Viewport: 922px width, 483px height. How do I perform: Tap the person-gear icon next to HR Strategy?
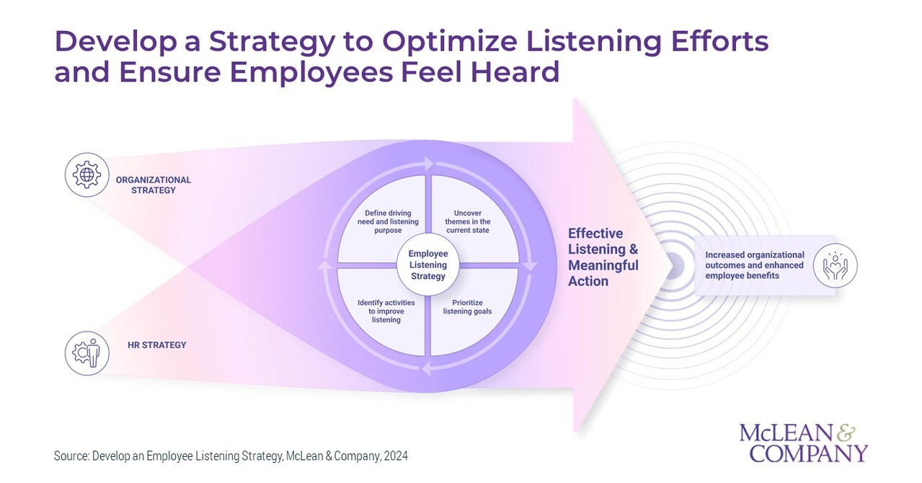point(87,353)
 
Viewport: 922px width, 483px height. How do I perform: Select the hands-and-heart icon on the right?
point(835,265)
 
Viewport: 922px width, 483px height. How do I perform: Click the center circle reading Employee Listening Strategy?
point(427,265)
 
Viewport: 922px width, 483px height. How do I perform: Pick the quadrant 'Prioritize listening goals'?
point(471,306)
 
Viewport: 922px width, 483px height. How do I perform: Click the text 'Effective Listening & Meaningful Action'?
point(603,257)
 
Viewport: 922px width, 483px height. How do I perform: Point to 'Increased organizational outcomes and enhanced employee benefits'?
point(755,265)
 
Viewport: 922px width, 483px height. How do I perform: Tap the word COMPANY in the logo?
point(808,453)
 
